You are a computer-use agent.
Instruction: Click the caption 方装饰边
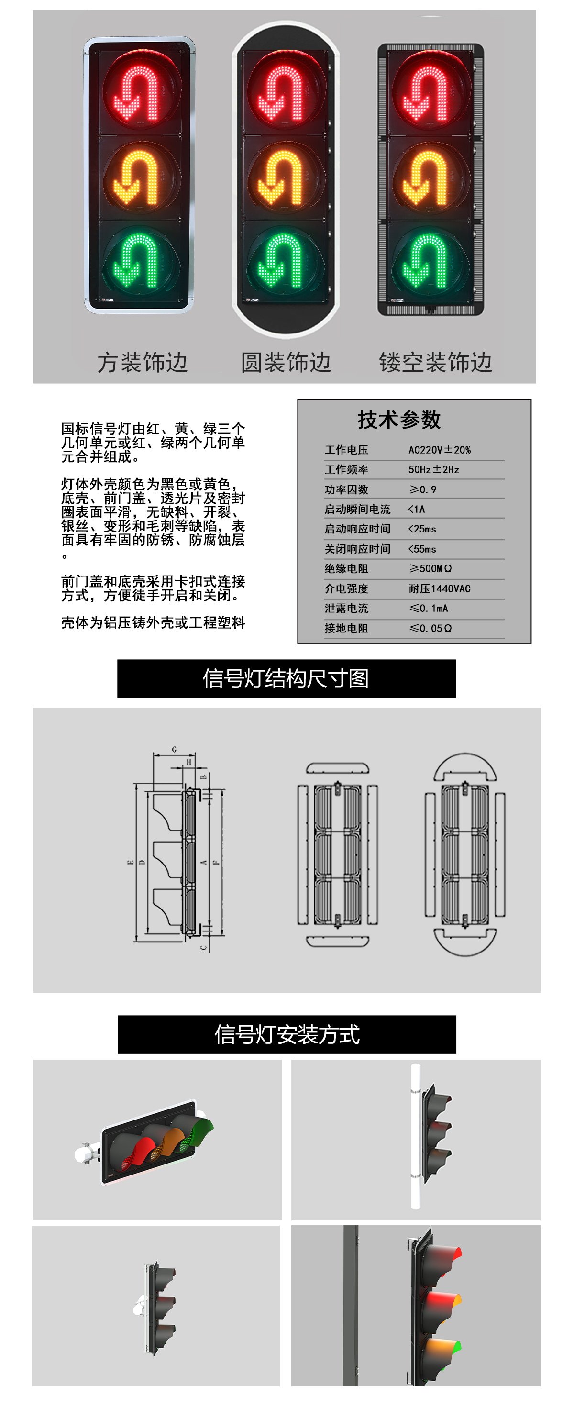tap(143, 362)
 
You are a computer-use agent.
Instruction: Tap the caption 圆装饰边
tap(286, 362)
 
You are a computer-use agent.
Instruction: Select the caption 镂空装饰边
tap(435, 362)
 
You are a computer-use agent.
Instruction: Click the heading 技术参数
tap(399, 419)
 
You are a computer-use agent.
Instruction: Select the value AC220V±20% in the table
tap(439, 450)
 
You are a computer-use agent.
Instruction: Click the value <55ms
tap(422, 549)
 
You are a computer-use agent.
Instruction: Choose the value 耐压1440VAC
tap(439, 588)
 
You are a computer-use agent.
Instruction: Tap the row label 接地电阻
tap(346, 628)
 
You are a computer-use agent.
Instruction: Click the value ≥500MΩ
tap(430, 568)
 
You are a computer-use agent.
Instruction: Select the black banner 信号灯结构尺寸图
tap(286, 678)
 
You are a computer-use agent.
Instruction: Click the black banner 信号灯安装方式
tap(287, 1034)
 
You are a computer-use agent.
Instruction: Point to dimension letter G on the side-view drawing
tap(174, 749)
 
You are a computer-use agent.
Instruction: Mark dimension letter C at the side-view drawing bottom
tap(203, 947)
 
